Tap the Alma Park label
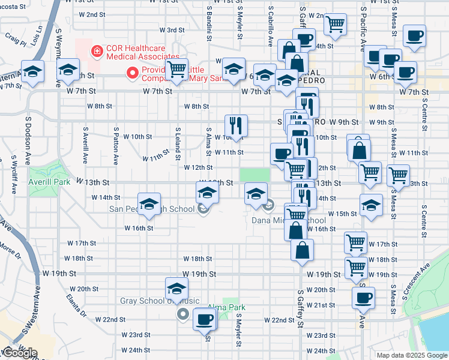(x=227, y=307)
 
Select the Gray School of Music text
(x=151, y=301)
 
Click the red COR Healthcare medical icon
(x=96, y=52)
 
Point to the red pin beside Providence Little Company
(x=134, y=74)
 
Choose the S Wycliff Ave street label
(x=13, y=175)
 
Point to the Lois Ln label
(x=40, y=34)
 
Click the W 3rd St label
(x=171, y=29)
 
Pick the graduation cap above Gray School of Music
(x=176, y=287)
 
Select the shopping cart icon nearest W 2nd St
(x=335, y=25)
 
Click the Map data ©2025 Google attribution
(x=412, y=355)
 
